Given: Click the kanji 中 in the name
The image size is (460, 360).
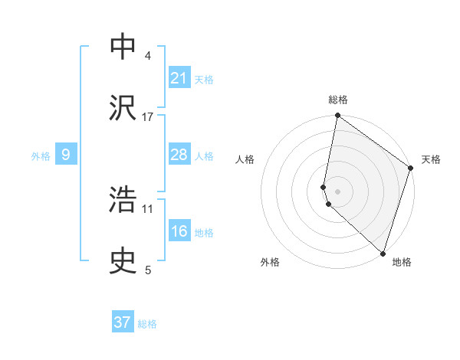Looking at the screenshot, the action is coord(123,47).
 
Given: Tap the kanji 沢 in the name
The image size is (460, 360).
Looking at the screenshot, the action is coord(123,106).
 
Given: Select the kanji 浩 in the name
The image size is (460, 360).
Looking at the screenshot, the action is coord(123,199).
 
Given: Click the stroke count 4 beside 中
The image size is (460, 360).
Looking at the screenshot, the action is coord(148,56).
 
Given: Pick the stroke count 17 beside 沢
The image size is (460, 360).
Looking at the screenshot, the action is coord(148,116).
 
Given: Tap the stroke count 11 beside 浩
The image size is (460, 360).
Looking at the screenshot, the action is coord(148,208).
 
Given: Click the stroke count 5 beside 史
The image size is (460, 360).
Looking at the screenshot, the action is coord(148,270).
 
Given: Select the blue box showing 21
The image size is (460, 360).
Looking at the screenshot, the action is coord(179,77).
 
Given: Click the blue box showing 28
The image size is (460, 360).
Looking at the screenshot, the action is coord(179,155).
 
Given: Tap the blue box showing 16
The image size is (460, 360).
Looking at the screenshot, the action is coord(179,231).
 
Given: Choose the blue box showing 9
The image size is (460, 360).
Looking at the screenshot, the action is coord(66,155).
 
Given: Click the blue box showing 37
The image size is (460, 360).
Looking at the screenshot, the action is coord(123,322).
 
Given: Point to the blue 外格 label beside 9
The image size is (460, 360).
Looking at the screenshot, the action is coord(41,156).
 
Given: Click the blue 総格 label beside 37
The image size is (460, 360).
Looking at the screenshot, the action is coord(147,324).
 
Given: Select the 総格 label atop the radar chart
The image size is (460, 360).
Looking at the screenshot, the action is coord(337,100).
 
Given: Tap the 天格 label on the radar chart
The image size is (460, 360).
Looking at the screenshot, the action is coord(431,159).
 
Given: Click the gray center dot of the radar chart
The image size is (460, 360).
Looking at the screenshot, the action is coord(337,191).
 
